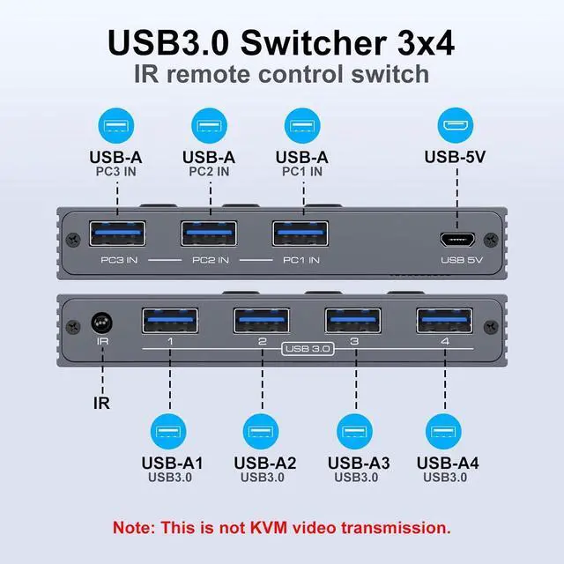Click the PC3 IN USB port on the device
[x=115, y=234]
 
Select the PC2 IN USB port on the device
[x=208, y=234]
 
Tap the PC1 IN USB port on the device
[x=301, y=234]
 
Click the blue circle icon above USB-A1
[x=168, y=432]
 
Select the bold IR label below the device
[x=102, y=404]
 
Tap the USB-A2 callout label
[x=264, y=464]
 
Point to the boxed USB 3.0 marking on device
[x=308, y=349]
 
